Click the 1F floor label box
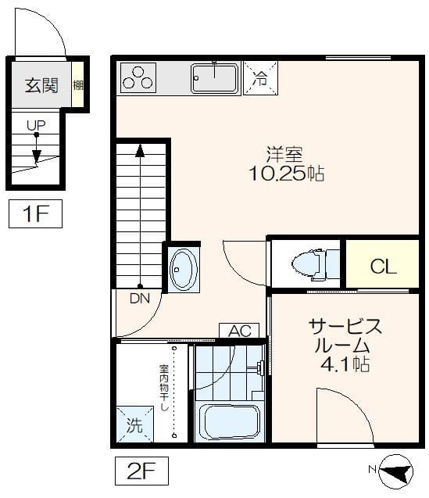tap(35, 214)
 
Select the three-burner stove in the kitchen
tap(138, 78)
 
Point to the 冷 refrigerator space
tap(259, 77)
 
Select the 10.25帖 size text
tap(285, 174)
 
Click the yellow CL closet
tap(382, 266)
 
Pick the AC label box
tap(239, 331)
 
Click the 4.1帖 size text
tap(344, 365)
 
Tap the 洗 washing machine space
tap(134, 427)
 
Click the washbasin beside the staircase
tap(184, 268)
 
